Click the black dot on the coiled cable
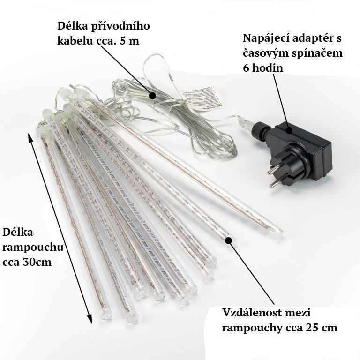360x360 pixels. (152, 96)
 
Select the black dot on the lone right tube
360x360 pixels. (229, 240)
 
